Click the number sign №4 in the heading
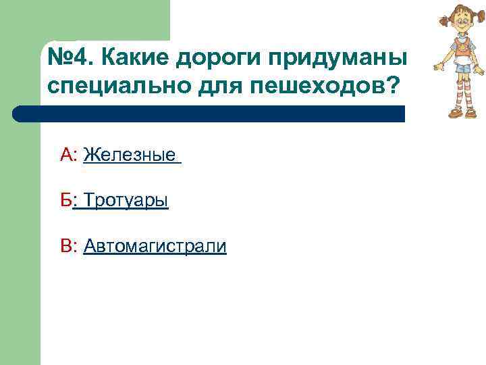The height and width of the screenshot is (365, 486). (67, 58)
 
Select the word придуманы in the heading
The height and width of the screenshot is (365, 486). (337, 59)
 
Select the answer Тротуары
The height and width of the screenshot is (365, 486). (126, 201)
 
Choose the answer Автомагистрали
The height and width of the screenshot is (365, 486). (155, 247)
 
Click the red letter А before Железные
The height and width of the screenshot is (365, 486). (66, 156)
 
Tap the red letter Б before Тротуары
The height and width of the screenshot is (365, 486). (65, 201)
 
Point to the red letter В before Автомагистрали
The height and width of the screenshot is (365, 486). (66, 247)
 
